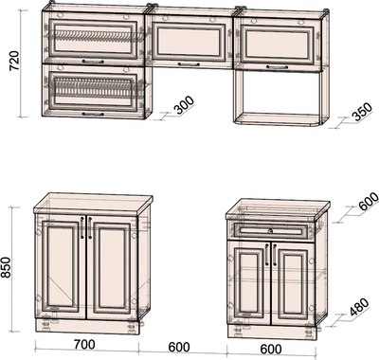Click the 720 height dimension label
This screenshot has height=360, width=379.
(x=14, y=60)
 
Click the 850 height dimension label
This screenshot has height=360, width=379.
(x=6, y=267)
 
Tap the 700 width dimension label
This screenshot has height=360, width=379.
(x=85, y=344)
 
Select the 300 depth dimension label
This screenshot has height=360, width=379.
(x=185, y=105)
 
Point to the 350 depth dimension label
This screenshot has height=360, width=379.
(x=363, y=112)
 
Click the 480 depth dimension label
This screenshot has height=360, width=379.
(x=359, y=307)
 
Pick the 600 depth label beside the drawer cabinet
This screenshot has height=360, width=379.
(x=369, y=201)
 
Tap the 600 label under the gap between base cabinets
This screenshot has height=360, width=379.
(x=179, y=347)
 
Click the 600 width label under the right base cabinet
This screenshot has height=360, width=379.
(x=271, y=349)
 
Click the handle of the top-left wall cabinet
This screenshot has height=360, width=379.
(x=93, y=62)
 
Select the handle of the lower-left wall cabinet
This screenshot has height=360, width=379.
(x=93, y=114)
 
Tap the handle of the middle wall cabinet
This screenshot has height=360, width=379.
(x=189, y=64)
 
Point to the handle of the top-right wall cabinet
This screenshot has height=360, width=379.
(x=277, y=67)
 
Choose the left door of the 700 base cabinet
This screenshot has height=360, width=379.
(x=61, y=264)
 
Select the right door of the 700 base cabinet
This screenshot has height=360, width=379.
(x=112, y=268)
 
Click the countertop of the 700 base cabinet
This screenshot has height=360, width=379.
(x=93, y=205)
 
